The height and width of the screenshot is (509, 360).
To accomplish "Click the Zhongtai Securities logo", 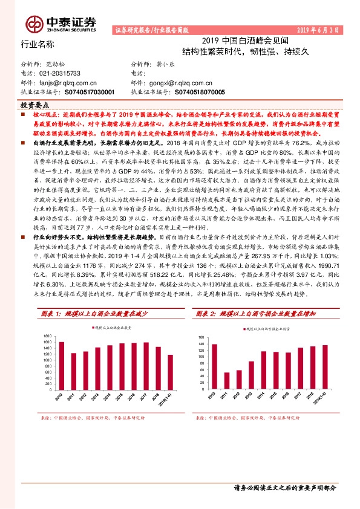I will point(61,23).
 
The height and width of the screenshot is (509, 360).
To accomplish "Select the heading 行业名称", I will point(38,44).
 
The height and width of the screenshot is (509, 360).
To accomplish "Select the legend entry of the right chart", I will point(269,329).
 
